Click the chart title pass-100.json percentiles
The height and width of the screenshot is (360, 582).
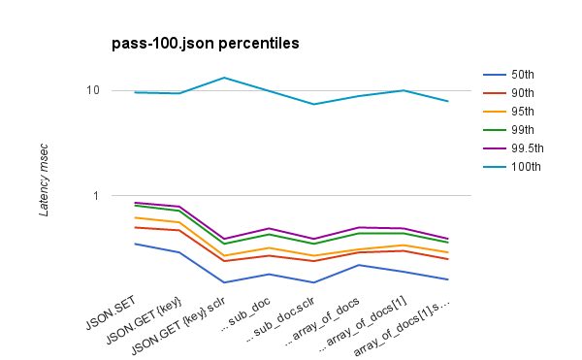click(x=206, y=44)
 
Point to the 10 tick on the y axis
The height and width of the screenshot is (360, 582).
click(x=93, y=90)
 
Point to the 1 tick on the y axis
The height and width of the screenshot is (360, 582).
click(x=96, y=195)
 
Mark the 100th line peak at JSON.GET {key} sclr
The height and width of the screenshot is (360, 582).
click(x=224, y=78)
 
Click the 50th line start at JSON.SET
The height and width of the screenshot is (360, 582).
click(x=135, y=244)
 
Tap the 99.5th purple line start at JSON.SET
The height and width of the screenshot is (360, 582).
click(x=135, y=202)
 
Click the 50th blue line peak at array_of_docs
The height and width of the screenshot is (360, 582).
click(x=358, y=265)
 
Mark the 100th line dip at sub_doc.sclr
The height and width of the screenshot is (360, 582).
click(x=313, y=104)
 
